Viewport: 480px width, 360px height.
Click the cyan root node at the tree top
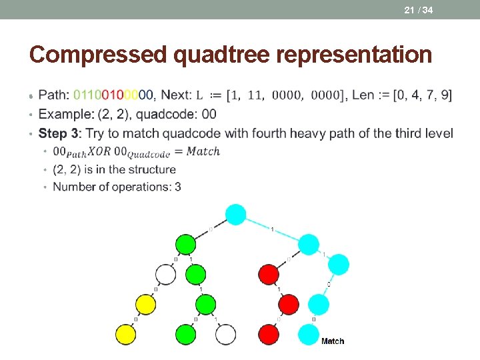click(235, 215)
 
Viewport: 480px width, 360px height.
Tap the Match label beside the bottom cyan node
click(333, 341)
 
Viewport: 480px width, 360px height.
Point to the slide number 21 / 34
click(418, 9)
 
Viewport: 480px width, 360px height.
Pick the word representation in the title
click(358, 55)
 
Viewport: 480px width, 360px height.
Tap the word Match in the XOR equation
click(203, 151)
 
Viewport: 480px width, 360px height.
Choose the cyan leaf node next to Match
click(309, 333)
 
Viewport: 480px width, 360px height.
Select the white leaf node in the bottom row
click(226, 333)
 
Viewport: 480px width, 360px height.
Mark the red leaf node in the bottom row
click(268, 333)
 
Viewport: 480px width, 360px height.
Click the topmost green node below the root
click(186, 244)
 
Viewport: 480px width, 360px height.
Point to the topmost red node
click(268, 273)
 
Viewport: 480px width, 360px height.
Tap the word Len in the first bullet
click(362, 95)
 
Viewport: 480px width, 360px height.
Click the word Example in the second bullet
click(65, 115)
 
